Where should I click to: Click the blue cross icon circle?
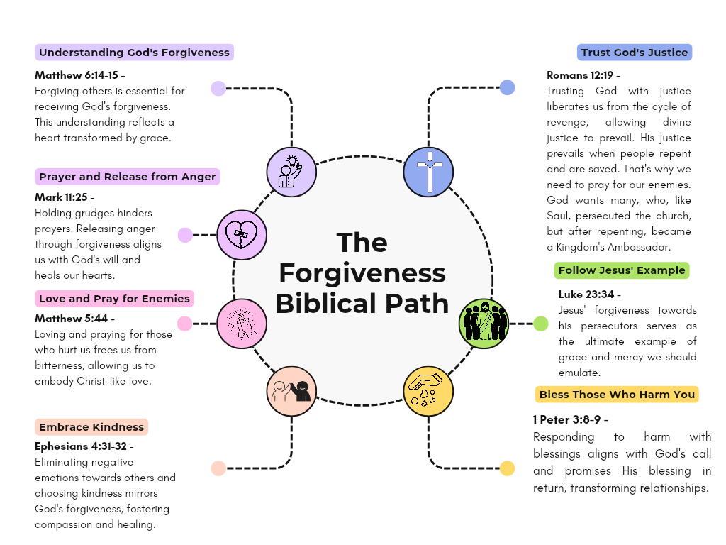[428, 172]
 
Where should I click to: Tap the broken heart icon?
[241, 234]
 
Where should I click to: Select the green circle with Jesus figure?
[485, 324]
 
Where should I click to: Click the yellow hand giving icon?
[428, 390]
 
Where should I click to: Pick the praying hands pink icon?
[241, 324]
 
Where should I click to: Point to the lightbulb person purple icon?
[291, 172]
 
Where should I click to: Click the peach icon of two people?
[291, 390]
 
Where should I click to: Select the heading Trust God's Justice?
[634, 53]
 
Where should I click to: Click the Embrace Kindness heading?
[91, 427]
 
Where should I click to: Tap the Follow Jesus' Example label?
[621, 270]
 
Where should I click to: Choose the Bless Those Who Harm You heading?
[617, 395]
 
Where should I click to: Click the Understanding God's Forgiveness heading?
[134, 53]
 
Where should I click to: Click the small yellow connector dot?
[507, 468]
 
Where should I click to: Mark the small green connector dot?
[541, 324]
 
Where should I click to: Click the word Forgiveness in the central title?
[362, 273]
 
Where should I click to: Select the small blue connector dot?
[507, 88]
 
